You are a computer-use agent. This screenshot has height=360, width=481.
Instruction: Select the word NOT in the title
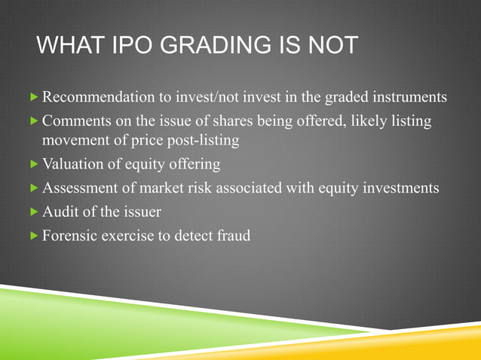[329, 46]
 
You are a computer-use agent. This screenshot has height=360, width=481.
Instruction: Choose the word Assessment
[79, 188]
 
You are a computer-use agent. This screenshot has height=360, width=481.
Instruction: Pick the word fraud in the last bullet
[232, 235]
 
